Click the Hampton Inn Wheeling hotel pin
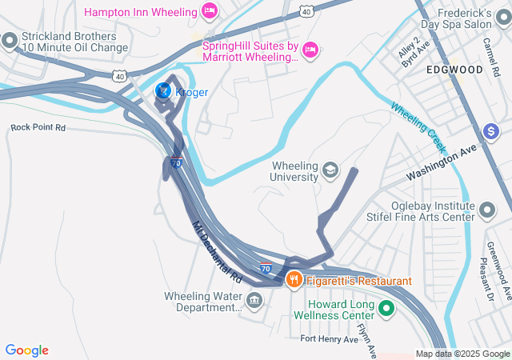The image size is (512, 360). tap(210, 12)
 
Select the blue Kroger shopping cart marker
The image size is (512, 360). tap(162, 92)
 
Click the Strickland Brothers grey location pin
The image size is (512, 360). tap(10, 40)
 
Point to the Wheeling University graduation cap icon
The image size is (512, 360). tap(330, 170)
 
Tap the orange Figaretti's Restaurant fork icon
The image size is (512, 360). tap(294, 280)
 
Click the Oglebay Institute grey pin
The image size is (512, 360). tap(488, 210)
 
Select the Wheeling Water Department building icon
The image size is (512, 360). tap(254, 301)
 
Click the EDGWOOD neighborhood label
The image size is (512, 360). tap(454, 70)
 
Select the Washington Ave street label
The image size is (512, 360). tap(441, 162)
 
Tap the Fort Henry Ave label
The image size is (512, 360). tap(330, 339)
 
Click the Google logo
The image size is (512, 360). tap(27, 350)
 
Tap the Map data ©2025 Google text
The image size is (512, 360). tap(462, 354)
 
